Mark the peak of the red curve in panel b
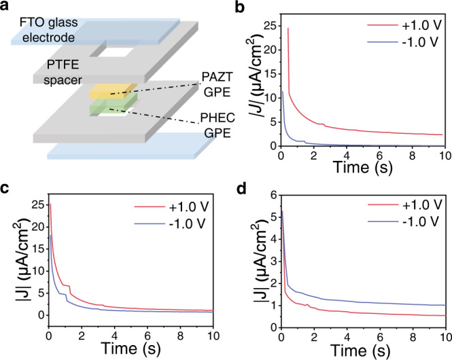point(288,28)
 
